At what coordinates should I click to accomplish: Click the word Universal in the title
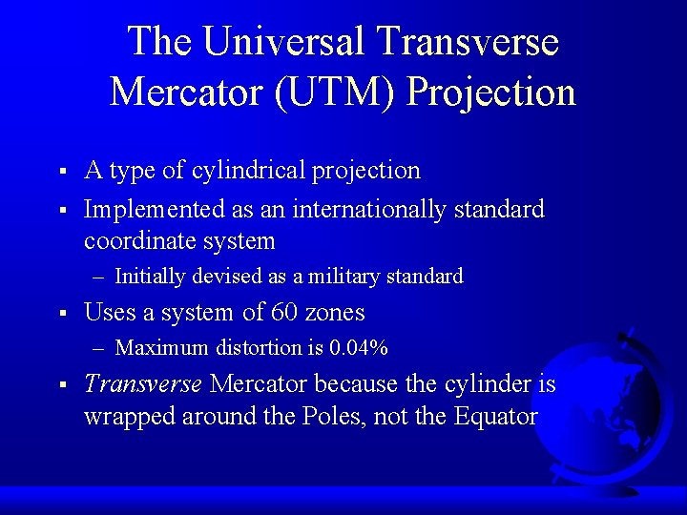point(284,42)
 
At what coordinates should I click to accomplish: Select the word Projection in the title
point(492,92)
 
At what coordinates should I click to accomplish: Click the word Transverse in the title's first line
point(468,42)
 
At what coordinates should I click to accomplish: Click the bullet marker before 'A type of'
point(60,172)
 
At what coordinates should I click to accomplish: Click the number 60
point(283,313)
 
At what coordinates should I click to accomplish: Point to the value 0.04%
point(358,348)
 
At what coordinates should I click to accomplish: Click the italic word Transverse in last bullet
point(143,384)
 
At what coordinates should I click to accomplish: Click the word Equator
point(496,417)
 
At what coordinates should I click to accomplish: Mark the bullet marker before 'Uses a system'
point(60,314)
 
